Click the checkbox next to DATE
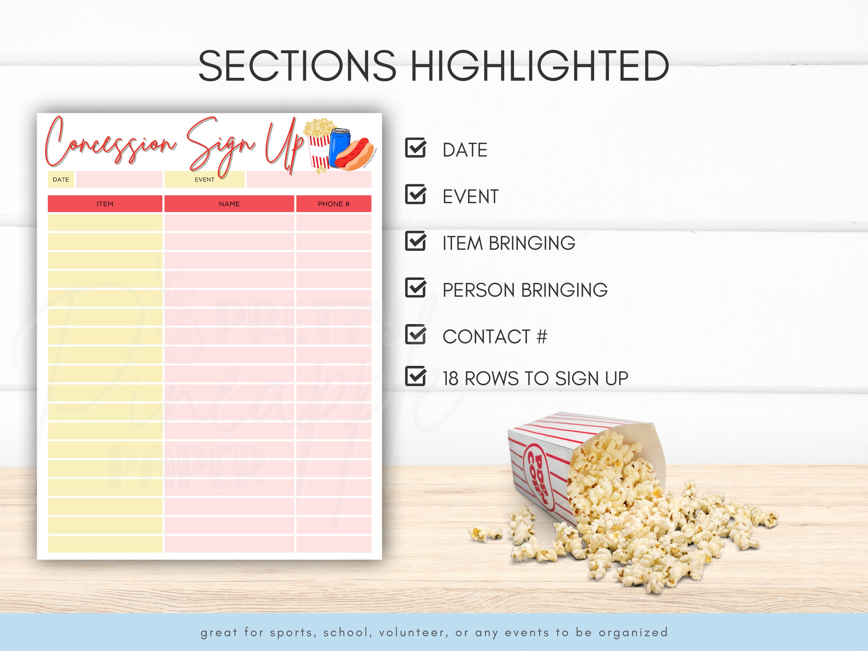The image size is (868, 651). click(x=415, y=148)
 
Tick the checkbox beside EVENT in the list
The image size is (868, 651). click(x=415, y=194)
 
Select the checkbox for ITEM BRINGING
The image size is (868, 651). click(x=415, y=241)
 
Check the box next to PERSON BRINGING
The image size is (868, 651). click(x=415, y=288)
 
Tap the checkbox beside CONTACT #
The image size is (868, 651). click(x=415, y=335)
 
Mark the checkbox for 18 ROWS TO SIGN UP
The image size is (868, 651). click(x=415, y=376)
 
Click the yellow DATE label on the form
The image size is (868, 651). click(x=61, y=180)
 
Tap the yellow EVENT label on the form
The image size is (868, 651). click(x=204, y=180)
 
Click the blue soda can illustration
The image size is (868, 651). click(x=339, y=147)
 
